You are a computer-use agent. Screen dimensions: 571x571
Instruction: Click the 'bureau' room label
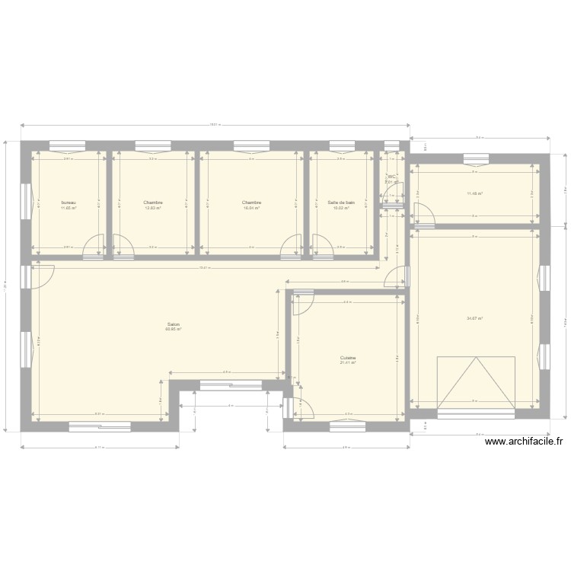point(69,203)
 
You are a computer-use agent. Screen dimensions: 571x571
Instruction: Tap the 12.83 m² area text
point(153,207)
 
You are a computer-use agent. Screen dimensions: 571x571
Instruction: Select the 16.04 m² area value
point(252,207)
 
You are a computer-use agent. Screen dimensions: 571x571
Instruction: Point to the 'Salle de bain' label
point(341,203)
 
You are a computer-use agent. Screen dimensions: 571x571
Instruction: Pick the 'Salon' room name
point(173,324)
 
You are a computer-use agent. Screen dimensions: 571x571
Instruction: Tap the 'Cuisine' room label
point(349,358)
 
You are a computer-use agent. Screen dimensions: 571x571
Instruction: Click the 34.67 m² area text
point(475,319)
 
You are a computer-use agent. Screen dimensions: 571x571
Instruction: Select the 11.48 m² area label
point(475,193)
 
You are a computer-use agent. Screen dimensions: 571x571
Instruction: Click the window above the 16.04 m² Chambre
point(251,145)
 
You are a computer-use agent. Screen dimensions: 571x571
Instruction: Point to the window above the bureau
point(67,145)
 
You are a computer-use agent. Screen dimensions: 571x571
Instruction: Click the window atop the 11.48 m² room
point(476,159)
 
